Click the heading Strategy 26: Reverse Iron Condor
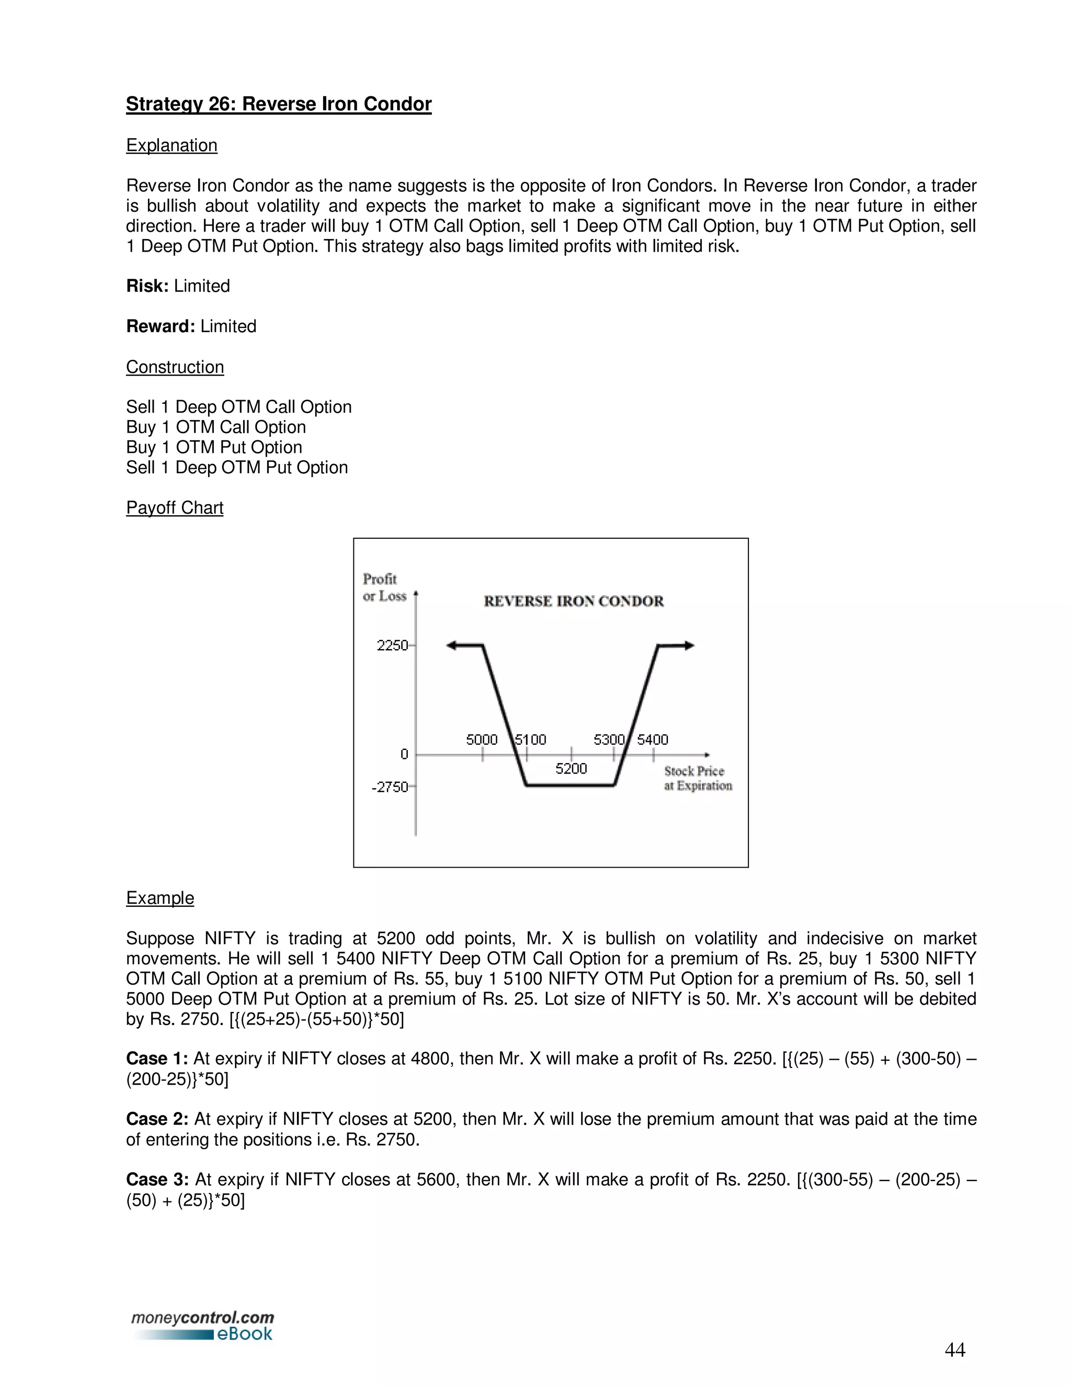(279, 104)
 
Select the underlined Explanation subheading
(172, 145)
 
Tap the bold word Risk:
(147, 286)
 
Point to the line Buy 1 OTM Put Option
(214, 447)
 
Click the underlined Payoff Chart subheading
(175, 508)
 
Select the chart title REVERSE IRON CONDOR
(573, 601)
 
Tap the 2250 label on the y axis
(392, 645)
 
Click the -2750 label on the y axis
(390, 787)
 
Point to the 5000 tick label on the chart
(482, 740)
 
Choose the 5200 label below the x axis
(571, 768)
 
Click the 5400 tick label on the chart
(652, 740)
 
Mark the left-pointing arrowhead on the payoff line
(452, 645)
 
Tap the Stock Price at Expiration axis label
(697, 778)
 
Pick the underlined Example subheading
(160, 898)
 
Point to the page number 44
(954, 1350)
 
